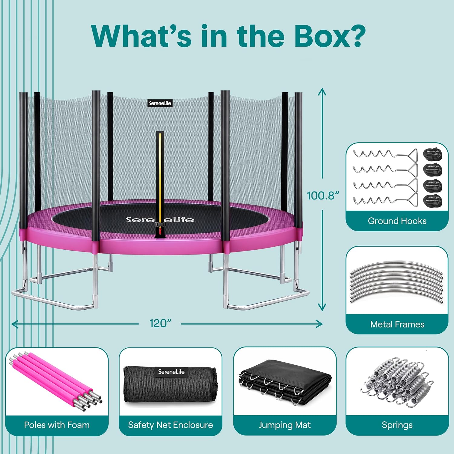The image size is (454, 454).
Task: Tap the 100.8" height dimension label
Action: pyautogui.click(x=323, y=196)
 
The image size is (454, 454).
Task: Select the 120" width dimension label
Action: pyautogui.click(x=160, y=323)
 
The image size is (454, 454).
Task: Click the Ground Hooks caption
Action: pyautogui.click(x=397, y=221)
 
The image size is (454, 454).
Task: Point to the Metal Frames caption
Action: pyautogui.click(x=397, y=324)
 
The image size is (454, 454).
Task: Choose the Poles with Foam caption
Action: pyautogui.click(x=57, y=425)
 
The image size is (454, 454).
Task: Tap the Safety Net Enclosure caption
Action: pyautogui.click(x=170, y=425)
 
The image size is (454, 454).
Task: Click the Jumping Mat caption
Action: pyautogui.click(x=285, y=425)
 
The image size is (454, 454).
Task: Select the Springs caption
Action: pyautogui.click(x=397, y=425)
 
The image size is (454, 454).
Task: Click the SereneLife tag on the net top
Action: pyautogui.click(x=160, y=103)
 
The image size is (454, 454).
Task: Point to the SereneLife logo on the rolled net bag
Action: pyautogui.click(x=171, y=372)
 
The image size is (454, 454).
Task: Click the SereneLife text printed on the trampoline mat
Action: pyautogui.click(x=160, y=219)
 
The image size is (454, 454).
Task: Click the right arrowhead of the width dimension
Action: pyautogui.click(x=319, y=324)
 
